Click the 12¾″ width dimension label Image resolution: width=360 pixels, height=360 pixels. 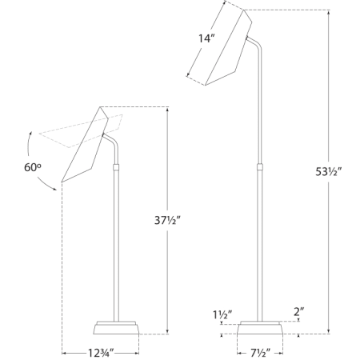[x=100, y=351]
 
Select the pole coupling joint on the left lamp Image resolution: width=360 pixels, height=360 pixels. [x=117, y=168]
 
